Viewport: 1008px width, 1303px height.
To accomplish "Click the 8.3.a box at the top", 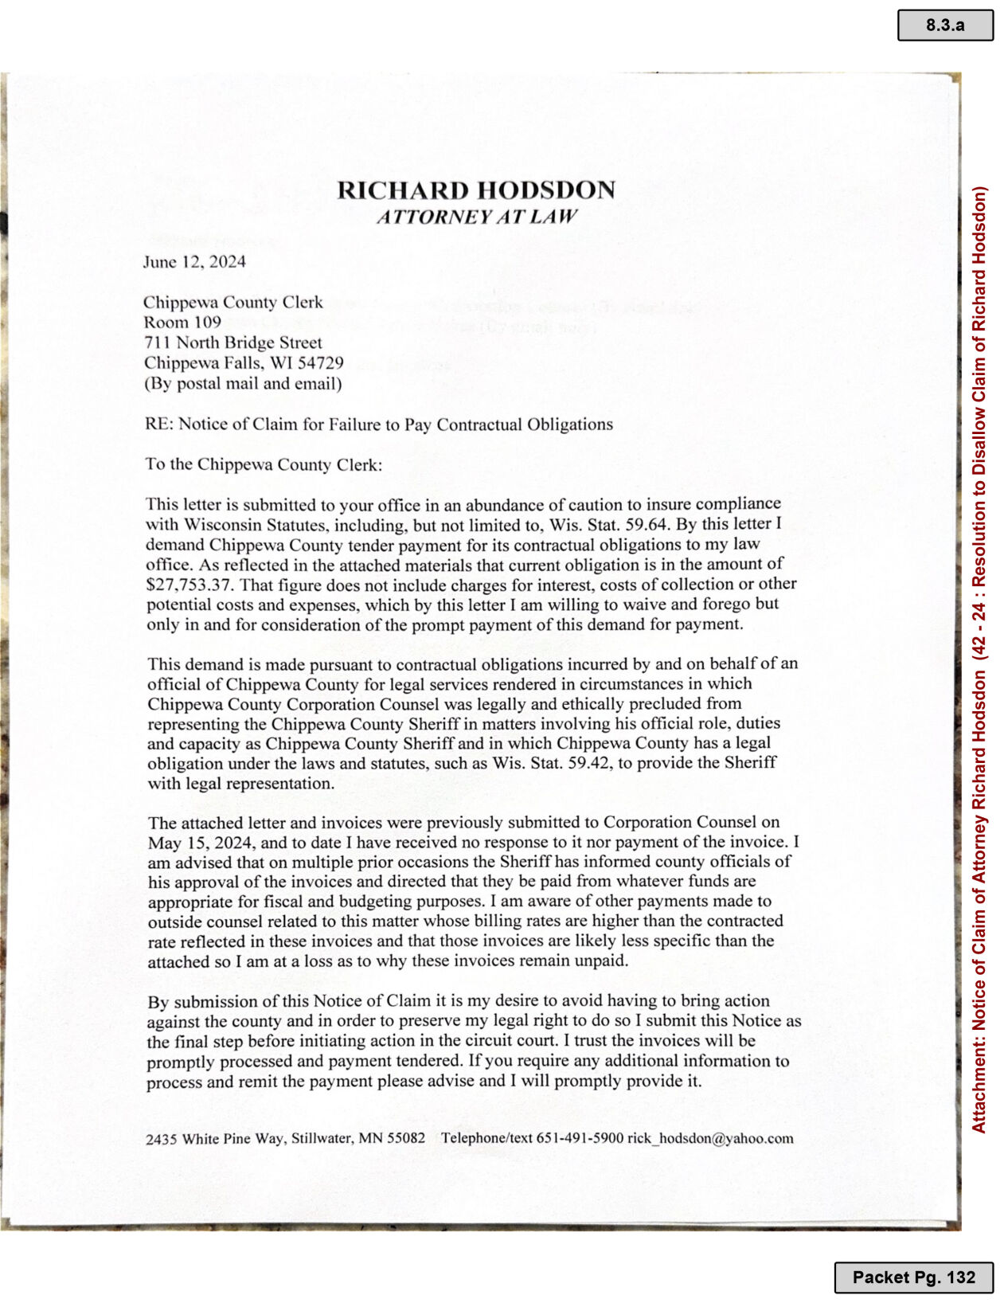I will point(944,25).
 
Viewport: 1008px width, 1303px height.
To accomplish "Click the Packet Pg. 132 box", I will point(913,1277).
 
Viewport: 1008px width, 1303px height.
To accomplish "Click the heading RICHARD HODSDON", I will point(475,190).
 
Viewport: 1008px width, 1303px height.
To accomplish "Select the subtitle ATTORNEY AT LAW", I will point(476,217).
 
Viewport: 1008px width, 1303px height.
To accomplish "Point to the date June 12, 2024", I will point(194,262).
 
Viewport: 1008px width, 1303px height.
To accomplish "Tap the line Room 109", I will point(182,322).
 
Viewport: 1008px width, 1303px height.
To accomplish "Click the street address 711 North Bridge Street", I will point(232,342).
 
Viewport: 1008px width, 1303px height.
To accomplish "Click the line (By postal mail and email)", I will point(243,383).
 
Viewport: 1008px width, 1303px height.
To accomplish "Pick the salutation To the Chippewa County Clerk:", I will point(264,464).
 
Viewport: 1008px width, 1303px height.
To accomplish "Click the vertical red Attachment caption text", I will point(979,659).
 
